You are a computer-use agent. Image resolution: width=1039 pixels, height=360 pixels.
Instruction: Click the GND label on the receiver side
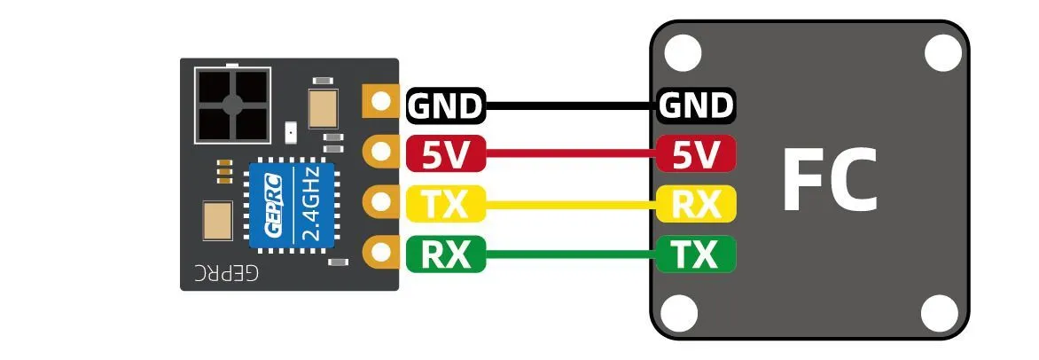[446, 106]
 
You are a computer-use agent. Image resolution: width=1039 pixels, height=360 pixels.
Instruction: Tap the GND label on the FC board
[697, 106]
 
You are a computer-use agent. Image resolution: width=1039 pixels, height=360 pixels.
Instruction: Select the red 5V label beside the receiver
[446, 156]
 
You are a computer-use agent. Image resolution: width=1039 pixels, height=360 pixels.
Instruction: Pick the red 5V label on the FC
[697, 156]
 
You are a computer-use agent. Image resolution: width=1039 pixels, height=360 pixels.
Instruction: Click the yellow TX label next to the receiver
[446, 206]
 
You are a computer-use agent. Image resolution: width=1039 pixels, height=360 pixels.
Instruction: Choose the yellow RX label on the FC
[697, 206]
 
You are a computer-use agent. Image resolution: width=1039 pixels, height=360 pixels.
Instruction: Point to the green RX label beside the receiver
[446, 256]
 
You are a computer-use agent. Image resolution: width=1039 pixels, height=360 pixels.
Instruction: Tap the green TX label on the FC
[697, 256]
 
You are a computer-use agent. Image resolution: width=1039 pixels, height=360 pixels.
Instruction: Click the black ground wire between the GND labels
[572, 106]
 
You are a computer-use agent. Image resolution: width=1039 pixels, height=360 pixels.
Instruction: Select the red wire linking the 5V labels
[572, 156]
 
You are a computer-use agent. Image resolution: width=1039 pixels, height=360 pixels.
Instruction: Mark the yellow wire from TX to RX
[572, 206]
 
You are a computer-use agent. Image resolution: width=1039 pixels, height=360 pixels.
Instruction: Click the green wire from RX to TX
[572, 256]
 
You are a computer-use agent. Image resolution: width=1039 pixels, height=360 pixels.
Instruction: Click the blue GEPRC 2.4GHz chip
[291, 206]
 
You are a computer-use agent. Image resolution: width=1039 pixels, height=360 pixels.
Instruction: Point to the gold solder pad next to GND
[381, 101]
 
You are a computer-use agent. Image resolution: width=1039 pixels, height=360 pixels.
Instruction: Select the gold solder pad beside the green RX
[381, 253]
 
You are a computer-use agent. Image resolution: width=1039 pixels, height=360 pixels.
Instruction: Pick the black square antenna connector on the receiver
[232, 105]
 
